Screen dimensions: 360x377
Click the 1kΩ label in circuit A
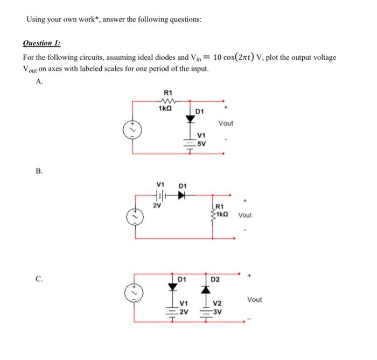pyautogui.click(x=165, y=109)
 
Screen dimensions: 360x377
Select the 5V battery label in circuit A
pyautogui.click(x=201, y=144)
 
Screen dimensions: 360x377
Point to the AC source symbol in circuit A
pyautogui.click(x=129, y=129)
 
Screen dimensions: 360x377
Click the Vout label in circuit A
pyautogui.click(x=226, y=123)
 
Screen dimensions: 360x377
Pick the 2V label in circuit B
pyautogui.click(x=156, y=205)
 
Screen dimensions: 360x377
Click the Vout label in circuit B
pyautogui.click(x=245, y=215)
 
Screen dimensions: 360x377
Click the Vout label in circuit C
pyautogui.click(x=255, y=299)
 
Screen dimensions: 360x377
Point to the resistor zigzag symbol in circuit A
pyautogui.click(x=165, y=100)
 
